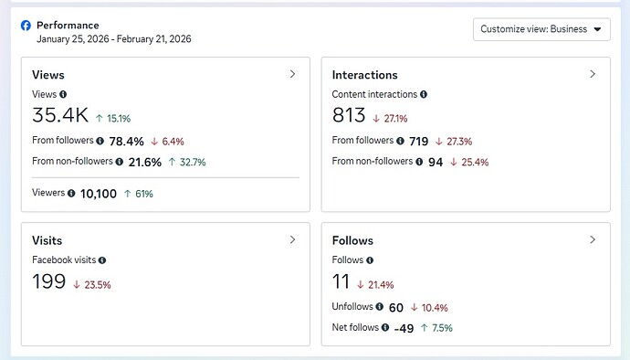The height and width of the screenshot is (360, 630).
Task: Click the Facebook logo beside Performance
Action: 26,26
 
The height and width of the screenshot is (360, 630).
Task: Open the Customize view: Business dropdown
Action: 541,29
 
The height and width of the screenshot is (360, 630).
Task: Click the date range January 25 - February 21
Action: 114,39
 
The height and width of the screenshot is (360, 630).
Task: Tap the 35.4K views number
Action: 60,115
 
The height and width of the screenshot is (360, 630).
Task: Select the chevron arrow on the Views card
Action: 292,74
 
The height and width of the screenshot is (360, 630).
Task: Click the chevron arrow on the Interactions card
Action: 593,74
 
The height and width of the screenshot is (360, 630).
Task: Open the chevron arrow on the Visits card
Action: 292,239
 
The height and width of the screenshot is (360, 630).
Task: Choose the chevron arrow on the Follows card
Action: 593,239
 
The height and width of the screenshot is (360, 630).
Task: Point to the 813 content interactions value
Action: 349,115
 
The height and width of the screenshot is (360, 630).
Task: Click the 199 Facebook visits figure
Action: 48,281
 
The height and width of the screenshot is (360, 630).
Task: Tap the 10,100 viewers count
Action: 99,194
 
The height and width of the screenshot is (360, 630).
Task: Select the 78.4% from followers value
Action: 127,142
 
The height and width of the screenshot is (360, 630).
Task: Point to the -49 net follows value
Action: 404,328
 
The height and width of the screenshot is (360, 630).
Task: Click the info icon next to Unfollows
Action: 379,306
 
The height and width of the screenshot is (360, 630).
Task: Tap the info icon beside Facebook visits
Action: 102,260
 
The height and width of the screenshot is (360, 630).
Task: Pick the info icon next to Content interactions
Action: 424,94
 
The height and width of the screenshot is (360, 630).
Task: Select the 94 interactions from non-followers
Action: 436,162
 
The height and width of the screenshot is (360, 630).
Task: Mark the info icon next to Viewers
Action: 71,193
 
